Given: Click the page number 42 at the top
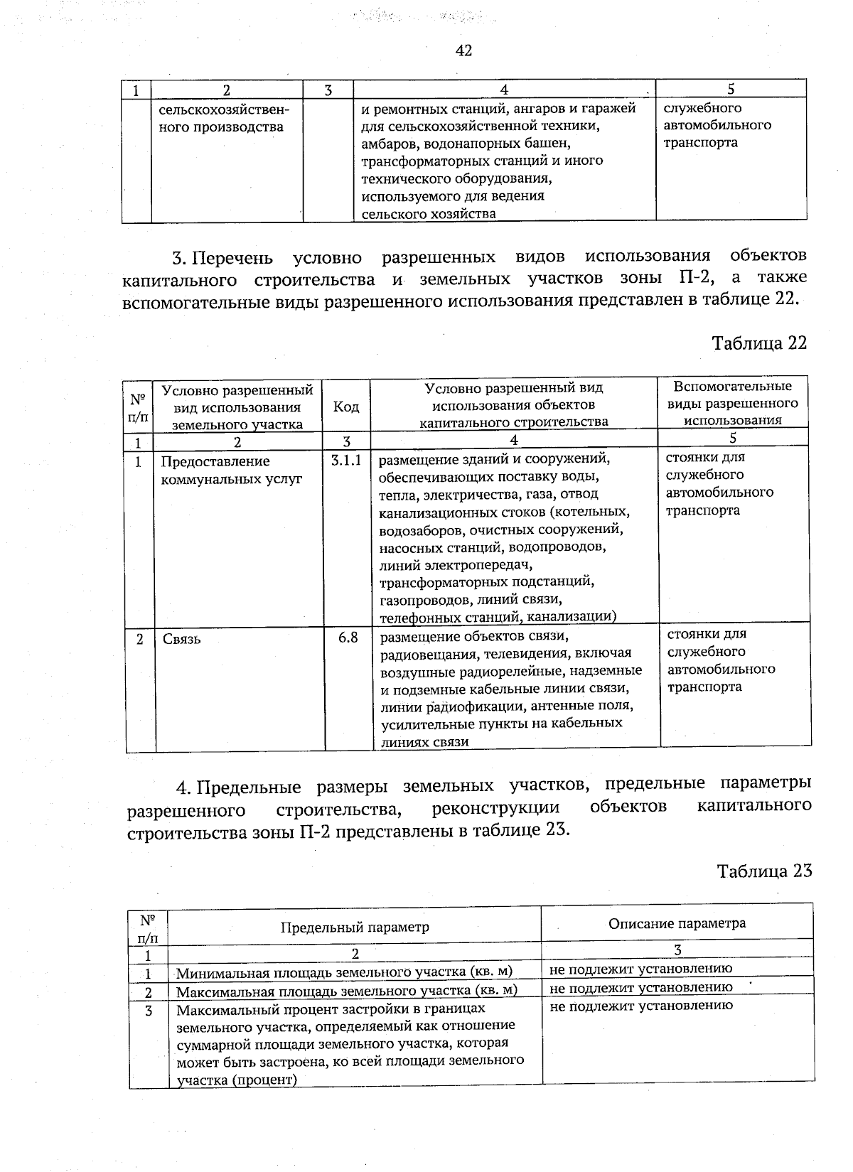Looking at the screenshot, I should [x=463, y=50].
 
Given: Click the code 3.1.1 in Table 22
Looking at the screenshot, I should [x=346, y=461].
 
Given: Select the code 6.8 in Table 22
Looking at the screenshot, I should [x=348, y=638].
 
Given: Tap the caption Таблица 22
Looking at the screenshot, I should [x=759, y=343].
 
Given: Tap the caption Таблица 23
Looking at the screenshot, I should [x=763, y=871].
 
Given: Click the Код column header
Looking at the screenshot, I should [x=346, y=407].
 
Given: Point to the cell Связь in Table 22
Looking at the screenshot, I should [x=182, y=639].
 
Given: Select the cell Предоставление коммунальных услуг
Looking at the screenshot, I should [x=232, y=471].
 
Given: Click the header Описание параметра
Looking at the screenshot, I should [x=677, y=923].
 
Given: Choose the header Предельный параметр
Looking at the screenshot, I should [x=355, y=928].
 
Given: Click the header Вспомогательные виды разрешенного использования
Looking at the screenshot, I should [x=732, y=403].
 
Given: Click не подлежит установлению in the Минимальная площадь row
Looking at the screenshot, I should [x=640, y=968].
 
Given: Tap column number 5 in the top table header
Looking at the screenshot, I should [x=730, y=89].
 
